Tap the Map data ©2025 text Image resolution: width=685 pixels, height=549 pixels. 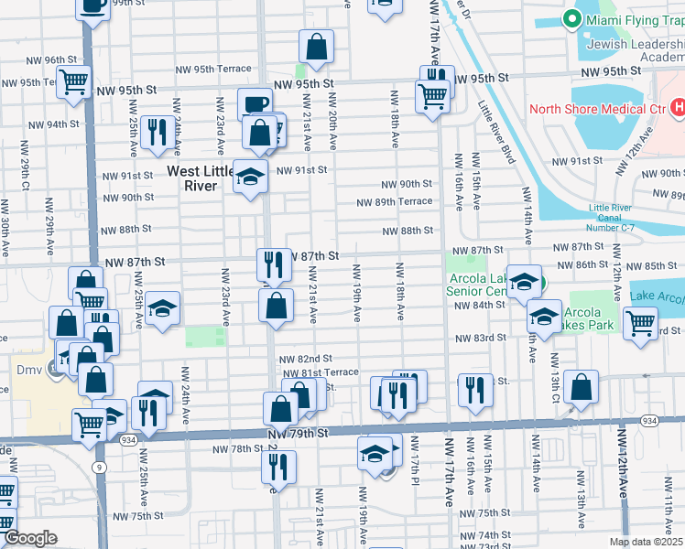pyautogui.click(x=646, y=542)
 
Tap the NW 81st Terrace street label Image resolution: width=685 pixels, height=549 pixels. pyautogui.click(x=321, y=373)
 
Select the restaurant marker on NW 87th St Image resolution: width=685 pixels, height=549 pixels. pyautogui.click(x=274, y=265)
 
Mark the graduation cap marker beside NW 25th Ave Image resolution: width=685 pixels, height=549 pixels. pyautogui.click(x=162, y=309)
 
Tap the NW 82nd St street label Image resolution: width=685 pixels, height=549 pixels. pyautogui.click(x=305, y=360)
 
